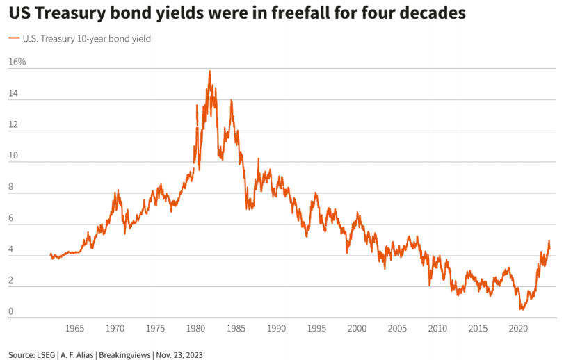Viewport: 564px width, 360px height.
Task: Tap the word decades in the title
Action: click(430, 14)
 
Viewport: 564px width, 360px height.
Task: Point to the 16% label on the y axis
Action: click(17, 63)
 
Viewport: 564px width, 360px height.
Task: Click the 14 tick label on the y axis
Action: click(13, 99)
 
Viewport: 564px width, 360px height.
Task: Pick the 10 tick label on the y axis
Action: click(13, 162)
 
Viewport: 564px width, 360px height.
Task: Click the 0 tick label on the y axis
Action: click(11, 312)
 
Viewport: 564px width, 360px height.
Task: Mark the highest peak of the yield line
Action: click(209, 71)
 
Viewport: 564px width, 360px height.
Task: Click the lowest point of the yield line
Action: click(521, 309)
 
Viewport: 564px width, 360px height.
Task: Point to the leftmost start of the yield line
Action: click(51, 254)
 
